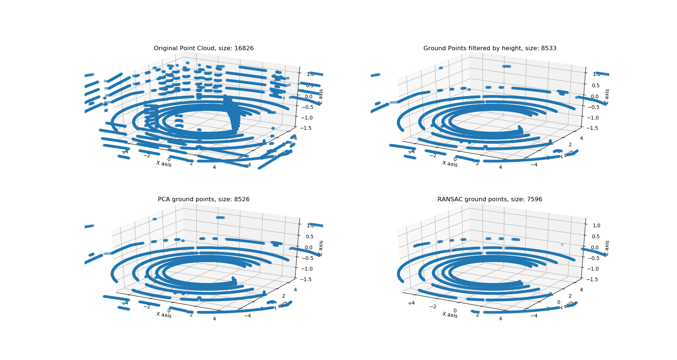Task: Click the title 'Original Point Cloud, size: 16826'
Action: (203, 48)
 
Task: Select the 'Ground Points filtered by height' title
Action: (490, 48)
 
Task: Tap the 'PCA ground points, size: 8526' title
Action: (203, 199)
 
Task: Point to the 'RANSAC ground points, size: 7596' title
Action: (490, 199)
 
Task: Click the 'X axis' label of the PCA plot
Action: (164, 315)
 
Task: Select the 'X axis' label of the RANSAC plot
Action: (450, 315)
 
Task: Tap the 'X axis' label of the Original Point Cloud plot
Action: (164, 164)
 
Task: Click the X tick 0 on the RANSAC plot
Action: (455, 311)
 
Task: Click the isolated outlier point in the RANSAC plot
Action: (562, 245)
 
